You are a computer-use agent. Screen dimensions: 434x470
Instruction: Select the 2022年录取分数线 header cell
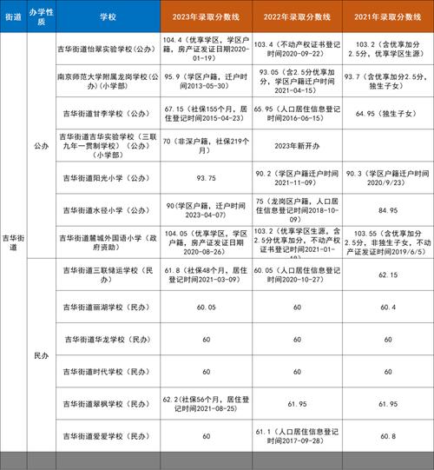coord(300,17)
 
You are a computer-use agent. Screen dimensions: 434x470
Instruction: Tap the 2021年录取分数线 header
coord(387,17)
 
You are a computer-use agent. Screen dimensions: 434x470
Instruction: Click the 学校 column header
coord(109,17)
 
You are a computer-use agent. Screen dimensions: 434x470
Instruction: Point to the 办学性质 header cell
coord(41,17)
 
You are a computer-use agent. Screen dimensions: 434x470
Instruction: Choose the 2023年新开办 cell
coord(300,145)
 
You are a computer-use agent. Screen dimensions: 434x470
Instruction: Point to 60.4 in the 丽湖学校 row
coord(387,307)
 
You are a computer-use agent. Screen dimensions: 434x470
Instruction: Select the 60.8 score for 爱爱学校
coord(387,435)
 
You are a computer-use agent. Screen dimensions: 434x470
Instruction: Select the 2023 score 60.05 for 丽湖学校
coord(207,307)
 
